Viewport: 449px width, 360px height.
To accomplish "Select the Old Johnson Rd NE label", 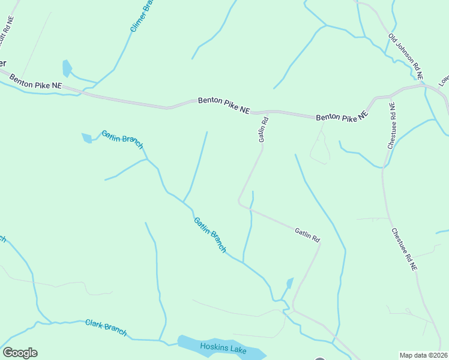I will pos(406,56).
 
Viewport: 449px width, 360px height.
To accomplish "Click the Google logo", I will pos(20,353).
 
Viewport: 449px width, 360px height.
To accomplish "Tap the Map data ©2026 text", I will pos(422,355).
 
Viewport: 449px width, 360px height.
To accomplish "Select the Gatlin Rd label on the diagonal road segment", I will pos(307,235).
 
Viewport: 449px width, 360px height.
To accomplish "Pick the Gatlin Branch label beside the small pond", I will pos(122,139).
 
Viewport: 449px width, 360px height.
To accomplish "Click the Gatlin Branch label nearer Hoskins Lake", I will pos(210,234).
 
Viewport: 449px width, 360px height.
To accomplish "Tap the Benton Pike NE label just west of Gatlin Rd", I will pos(223,106).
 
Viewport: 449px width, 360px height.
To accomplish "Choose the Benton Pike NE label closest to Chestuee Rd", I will pos(341,118).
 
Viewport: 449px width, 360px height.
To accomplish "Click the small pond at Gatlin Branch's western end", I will pos(87,138).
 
